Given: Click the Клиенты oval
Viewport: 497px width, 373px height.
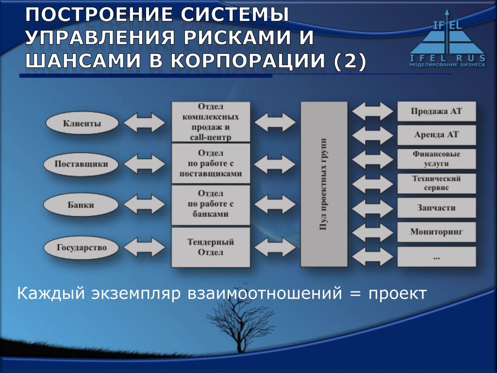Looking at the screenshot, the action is tap(82, 123).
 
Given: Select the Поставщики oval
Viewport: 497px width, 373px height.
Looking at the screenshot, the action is tap(81, 164).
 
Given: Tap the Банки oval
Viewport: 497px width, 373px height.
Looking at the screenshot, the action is tap(81, 204).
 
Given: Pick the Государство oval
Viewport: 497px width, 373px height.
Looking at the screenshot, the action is tap(81, 247).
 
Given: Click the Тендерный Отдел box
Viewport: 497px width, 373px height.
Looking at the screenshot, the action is tap(211, 247).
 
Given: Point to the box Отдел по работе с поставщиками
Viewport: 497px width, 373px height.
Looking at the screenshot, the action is tap(211, 163).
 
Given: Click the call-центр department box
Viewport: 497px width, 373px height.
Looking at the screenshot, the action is tap(211, 121).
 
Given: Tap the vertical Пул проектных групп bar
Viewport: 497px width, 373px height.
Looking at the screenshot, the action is tap(324, 184).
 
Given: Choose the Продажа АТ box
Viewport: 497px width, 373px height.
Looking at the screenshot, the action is tap(436, 111).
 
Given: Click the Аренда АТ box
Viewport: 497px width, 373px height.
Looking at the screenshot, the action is tap(436, 135).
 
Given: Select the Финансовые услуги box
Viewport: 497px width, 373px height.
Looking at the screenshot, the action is tap(436, 159).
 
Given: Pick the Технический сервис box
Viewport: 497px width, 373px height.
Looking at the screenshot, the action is tap(436, 183).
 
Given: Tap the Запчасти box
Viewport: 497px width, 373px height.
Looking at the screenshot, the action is tap(436, 208).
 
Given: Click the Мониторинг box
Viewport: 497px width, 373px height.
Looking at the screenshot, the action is tap(436, 232).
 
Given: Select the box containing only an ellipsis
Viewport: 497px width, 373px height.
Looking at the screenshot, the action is tap(436, 256).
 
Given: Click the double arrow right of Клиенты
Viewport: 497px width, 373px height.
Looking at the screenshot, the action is tap(145, 122).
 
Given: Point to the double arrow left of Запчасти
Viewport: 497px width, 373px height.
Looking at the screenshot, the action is tap(372, 208).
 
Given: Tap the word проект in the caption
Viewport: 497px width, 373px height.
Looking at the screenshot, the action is tap(397, 294).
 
